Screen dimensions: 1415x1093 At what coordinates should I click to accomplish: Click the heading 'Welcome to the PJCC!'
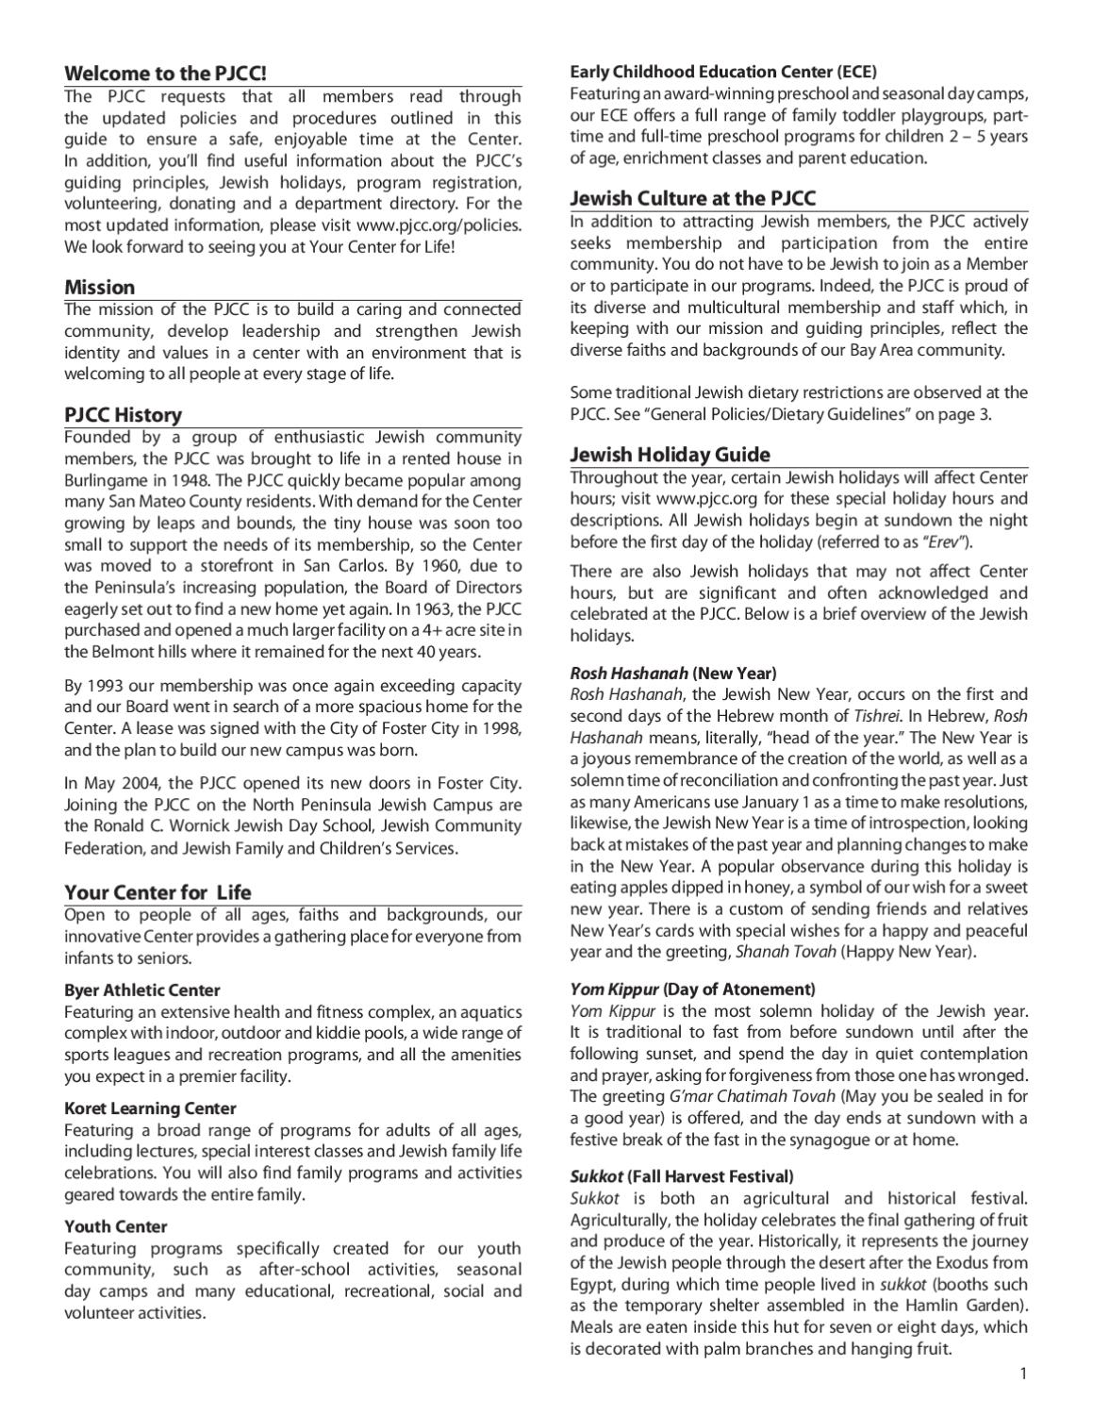[158, 74]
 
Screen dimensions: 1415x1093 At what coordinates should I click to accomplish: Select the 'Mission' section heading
[99, 287]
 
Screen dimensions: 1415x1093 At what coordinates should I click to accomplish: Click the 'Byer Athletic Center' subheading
[141, 990]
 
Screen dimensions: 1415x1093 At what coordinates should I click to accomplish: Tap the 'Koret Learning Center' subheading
[150, 1107]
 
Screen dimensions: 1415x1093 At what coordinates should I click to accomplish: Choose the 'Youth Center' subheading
[115, 1226]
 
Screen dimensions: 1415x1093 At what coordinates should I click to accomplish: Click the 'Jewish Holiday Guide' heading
[670, 454]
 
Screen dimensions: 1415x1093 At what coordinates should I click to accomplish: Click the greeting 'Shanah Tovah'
[786, 951]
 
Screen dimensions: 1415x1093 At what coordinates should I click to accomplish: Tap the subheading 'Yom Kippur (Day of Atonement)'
[692, 989]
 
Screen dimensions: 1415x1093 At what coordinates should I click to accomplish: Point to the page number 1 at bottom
[1022, 1373]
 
